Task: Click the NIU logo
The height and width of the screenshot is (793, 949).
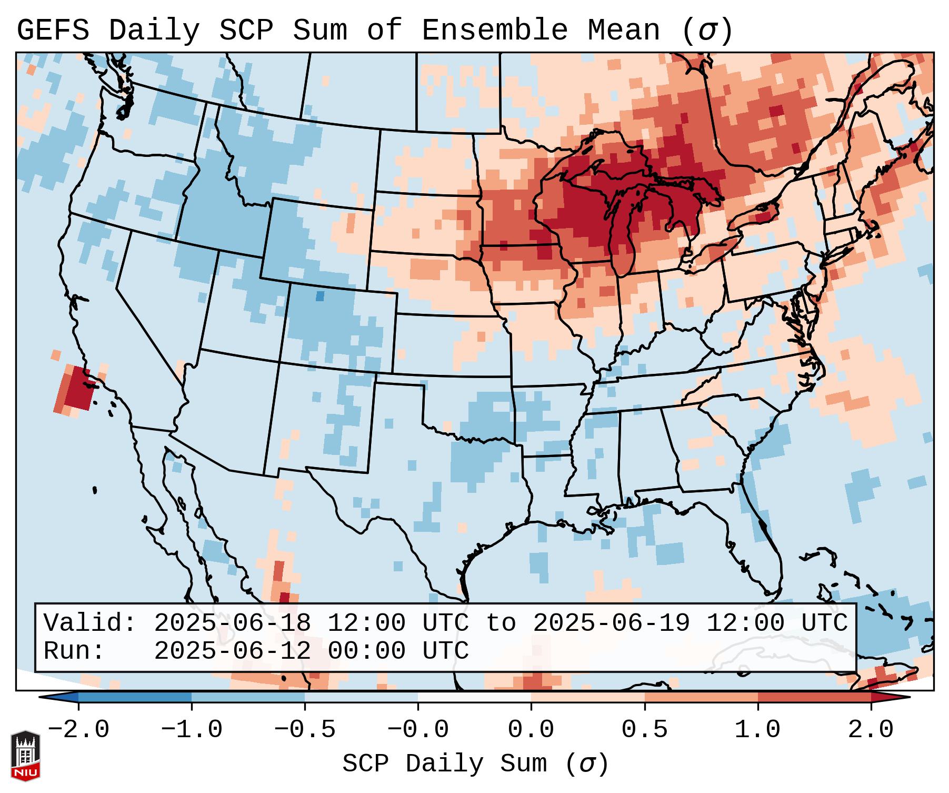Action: pyautogui.click(x=25, y=755)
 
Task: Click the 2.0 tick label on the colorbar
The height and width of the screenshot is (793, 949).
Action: pyautogui.click(x=871, y=730)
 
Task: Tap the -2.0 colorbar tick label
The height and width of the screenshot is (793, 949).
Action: pyautogui.click(x=78, y=730)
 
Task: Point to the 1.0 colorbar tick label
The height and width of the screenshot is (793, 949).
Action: pyautogui.click(x=757, y=730)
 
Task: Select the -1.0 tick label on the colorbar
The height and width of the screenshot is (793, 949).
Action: pyautogui.click(x=192, y=730)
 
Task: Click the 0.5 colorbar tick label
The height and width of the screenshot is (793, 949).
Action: pyautogui.click(x=644, y=730)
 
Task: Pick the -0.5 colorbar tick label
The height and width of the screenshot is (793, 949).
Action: pyautogui.click(x=305, y=730)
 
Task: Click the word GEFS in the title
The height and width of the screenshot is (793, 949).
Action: pyautogui.click(x=53, y=31)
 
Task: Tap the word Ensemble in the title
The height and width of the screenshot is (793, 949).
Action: pyautogui.click(x=494, y=31)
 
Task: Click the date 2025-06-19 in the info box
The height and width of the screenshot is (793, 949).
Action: pyautogui.click(x=611, y=623)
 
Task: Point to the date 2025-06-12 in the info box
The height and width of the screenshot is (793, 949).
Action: pyautogui.click(x=232, y=651)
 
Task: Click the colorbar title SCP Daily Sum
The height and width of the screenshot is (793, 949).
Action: pyautogui.click(x=445, y=764)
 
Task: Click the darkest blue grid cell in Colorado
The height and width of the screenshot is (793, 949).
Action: pyautogui.click(x=319, y=296)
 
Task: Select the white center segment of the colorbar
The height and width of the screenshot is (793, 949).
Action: pyautogui.click(x=474, y=697)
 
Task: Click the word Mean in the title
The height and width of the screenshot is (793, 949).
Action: pyautogui.click(x=624, y=31)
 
